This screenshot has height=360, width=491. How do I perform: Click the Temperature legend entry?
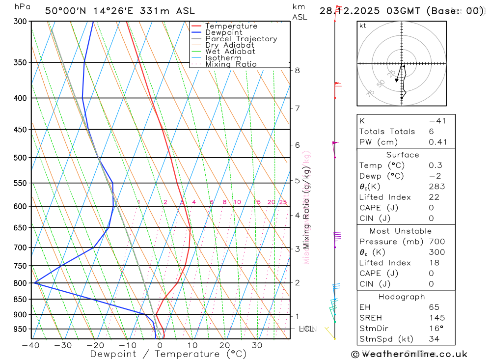coord(231,26)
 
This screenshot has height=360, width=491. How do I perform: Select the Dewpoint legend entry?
coord(223,32)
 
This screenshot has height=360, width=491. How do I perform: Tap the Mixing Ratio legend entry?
coord(231,64)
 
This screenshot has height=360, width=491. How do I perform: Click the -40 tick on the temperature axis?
coord(30,345)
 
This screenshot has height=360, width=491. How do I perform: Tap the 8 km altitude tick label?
coord(298,70)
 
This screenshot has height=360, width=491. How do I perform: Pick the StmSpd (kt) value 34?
coord(434,339)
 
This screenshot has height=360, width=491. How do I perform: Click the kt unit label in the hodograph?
coord(363,26)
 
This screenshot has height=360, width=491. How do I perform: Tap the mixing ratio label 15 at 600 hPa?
coord(257,202)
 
